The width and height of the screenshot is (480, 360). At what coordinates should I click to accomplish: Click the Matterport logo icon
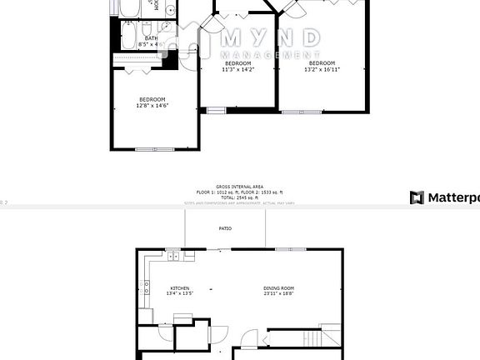417,197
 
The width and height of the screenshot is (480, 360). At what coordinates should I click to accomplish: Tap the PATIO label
225,228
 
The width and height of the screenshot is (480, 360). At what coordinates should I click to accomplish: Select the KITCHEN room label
180,287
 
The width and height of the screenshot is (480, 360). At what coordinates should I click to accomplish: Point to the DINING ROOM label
278,287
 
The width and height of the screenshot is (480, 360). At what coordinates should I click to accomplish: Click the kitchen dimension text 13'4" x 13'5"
180,293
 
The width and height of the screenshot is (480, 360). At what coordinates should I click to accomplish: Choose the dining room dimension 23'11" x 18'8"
278,293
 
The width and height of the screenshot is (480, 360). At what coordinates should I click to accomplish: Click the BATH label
151,38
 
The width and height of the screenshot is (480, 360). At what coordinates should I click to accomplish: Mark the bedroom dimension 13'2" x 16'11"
321,69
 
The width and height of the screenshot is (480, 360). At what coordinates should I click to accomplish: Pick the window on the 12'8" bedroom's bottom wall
155,149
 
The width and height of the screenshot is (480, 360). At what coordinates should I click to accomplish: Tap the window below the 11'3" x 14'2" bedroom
217,110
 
